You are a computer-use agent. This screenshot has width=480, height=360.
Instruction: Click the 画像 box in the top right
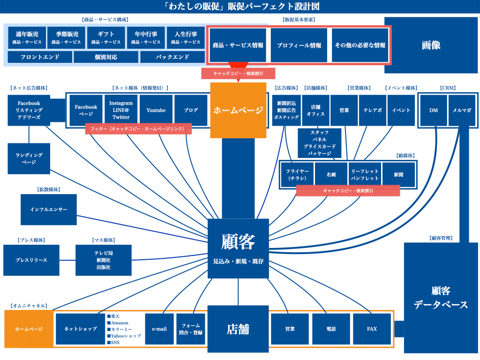(431, 45)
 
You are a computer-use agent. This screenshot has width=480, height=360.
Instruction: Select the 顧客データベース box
(441, 298)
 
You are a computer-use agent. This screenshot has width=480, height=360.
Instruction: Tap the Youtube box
(156, 110)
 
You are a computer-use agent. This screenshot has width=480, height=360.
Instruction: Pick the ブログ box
(191, 110)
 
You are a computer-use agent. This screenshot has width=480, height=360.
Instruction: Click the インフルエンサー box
(48, 210)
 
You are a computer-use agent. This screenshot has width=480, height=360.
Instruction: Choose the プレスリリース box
(31, 260)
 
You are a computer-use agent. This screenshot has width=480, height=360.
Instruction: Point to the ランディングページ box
(29, 158)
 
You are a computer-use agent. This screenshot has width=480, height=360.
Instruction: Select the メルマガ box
(462, 110)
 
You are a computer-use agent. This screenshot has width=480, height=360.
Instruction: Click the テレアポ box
(373, 110)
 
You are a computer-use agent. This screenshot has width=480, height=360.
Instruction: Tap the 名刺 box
(331, 175)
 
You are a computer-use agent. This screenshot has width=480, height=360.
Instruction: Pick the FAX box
(372, 329)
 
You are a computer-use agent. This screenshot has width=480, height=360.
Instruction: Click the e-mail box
(159, 329)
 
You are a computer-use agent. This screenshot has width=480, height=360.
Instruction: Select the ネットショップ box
(80, 329)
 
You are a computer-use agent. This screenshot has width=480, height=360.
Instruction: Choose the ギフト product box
(106, 37)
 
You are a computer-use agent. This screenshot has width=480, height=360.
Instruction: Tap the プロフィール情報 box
(299, 45)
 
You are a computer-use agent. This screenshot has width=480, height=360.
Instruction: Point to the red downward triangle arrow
(238, 66)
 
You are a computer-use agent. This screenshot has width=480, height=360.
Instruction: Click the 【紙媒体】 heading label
(405, 156)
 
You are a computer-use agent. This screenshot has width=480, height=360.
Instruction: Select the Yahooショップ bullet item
(126, 336)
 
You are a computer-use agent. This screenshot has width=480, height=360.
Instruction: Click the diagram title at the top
(240, 6)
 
